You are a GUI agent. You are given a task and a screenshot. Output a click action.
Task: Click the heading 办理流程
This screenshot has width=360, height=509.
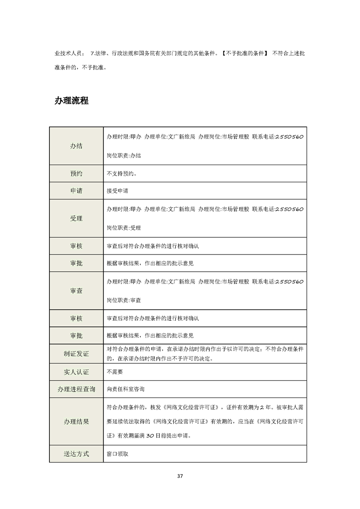(x=71, y=101)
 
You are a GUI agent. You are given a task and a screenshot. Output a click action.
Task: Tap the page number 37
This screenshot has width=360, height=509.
(x=180, y=476)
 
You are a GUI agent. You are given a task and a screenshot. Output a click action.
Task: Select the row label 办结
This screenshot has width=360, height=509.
(x=76, y=146)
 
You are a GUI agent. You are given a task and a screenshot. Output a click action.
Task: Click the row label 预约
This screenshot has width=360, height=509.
(x=76, y=173)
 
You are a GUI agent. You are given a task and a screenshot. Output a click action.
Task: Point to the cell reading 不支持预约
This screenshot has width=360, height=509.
(x=122, y=173)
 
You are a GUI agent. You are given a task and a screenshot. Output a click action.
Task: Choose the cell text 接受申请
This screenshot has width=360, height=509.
(x=117, y=191)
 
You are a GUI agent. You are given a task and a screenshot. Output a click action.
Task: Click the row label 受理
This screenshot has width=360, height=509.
(x=76, y=218)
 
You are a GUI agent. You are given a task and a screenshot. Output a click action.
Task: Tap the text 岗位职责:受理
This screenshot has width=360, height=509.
(x=123, y=227)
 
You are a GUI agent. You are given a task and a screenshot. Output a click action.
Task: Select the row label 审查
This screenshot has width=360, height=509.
(x=76, y=291)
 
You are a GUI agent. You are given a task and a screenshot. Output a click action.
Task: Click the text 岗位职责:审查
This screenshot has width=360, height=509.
(x=123, y=300)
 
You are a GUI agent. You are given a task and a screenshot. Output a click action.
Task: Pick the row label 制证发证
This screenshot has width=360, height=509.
(x=76, y=354)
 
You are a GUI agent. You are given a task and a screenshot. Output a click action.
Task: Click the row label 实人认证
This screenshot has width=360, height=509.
(x=76, y=372)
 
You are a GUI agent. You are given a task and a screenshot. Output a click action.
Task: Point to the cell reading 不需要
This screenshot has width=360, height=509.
(x=114, y=372)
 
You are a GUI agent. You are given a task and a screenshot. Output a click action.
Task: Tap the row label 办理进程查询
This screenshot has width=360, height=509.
(x=76, y=390)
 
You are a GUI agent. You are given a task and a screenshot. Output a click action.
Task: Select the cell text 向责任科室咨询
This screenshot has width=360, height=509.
(x=125, y=390)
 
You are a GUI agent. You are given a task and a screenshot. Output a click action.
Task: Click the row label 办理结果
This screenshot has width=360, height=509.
(x=76, y=421)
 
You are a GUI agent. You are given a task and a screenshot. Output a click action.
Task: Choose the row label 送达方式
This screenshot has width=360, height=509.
(x=76, y=453)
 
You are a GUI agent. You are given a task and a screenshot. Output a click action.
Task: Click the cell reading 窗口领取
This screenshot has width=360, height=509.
(x=117, y=453)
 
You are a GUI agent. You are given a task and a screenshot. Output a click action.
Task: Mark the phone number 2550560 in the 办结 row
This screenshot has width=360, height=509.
(x=289, y=137)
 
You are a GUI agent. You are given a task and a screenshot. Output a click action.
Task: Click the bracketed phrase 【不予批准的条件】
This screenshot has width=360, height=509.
(x=246, y=53)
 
